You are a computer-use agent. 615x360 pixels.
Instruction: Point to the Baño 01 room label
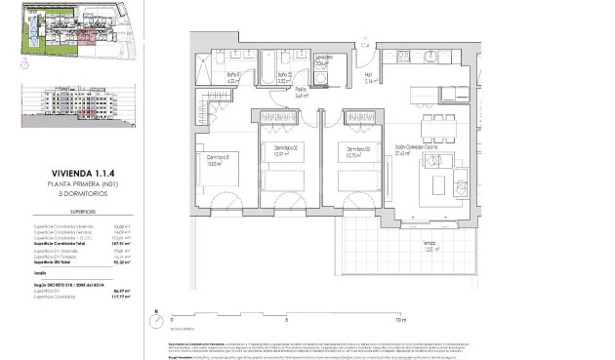(234, 75)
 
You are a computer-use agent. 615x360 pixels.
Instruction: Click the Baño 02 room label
(282, 75)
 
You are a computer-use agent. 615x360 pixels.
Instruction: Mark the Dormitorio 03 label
(352, 148)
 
